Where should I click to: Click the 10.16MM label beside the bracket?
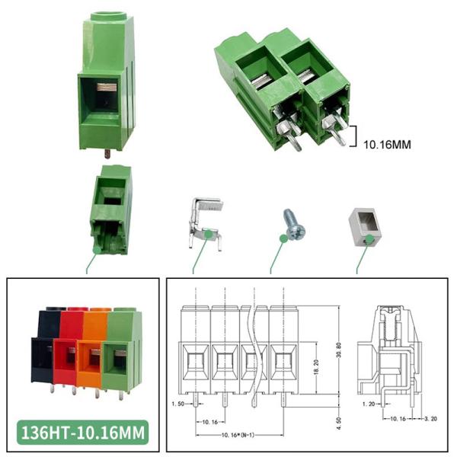[388, 145]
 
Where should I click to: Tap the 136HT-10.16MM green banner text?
[83, 433]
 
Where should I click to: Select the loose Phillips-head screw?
[294, 224]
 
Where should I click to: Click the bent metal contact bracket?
[206, 222]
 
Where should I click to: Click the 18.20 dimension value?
[317, 368]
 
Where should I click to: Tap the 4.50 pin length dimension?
[338, 423]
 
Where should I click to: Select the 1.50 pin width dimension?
[177, 404]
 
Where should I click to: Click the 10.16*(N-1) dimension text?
[238, 435]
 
